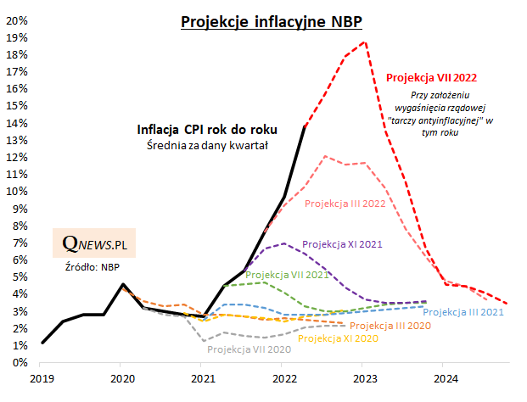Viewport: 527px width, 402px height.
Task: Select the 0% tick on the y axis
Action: click(x=19, y=362)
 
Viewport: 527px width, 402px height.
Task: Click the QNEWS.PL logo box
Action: click(x=93, y=243)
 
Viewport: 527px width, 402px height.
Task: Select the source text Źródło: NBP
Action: click(x=93, y=268)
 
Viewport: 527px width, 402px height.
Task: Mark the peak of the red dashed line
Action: click(x=365, y=42)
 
